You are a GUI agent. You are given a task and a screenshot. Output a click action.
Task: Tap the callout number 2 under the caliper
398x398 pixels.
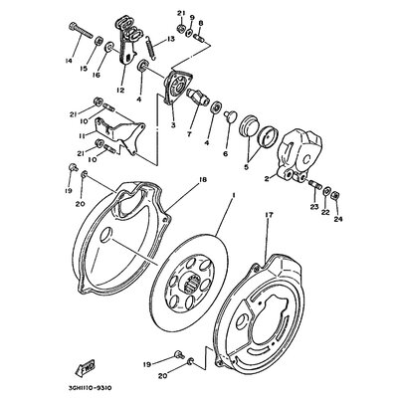(x=267, y=180)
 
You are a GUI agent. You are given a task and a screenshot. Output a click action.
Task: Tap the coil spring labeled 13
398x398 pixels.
(x=150, y=44)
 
